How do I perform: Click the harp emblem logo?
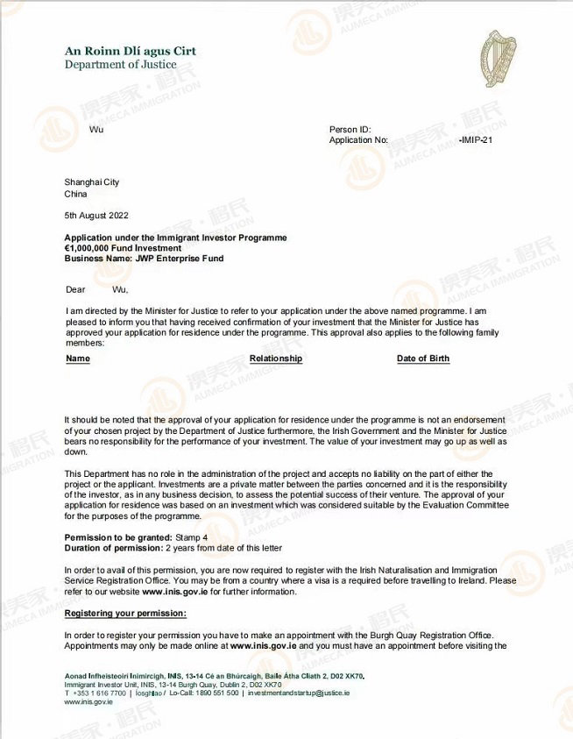tap(498, 59)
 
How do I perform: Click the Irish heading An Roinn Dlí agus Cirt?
tap(130, 51)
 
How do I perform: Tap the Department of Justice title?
tap(120, 64)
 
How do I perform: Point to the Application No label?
tap(358, 139)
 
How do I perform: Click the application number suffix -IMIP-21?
tap(475, 139)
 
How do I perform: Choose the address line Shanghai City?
tap(91, 182)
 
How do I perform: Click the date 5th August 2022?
tap(96, 215)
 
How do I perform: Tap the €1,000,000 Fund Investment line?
tap(123, 248)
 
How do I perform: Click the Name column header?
tap(78, 359)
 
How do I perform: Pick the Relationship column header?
tap(276, 359)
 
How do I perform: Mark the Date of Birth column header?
tap(423, 359)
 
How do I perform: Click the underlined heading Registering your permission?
tap(125, 613)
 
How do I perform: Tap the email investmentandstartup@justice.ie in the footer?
tap(298, 693)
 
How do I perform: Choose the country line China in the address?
tap(75, 194)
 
